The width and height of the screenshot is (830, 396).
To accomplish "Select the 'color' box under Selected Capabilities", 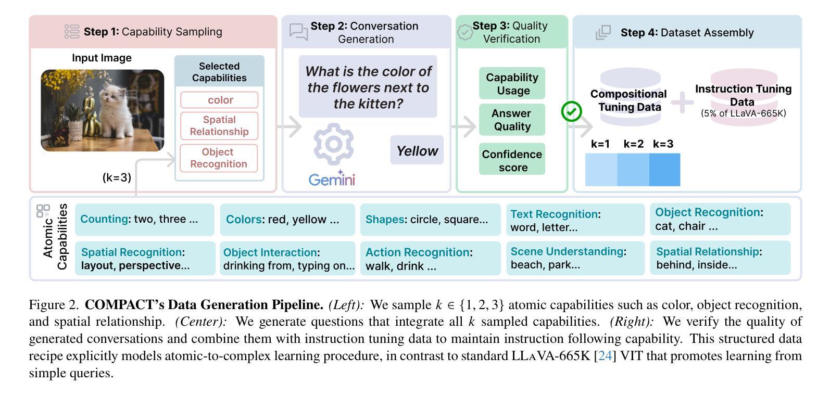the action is (x=219, y=100).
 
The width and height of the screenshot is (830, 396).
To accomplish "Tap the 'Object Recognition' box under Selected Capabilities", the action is (x=219, y=158).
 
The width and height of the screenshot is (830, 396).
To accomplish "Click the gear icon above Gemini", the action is (x=333, y=144).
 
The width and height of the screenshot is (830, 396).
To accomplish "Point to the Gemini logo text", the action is (x=332, y=179).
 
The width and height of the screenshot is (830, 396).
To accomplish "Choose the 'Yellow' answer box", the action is (x=417, y=150).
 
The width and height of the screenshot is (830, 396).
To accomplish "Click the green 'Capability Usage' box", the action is (x=512, y=83).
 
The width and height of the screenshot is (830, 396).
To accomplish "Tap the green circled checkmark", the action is (x=571, y=111).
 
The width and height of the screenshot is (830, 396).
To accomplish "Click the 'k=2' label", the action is (x=633, y=144).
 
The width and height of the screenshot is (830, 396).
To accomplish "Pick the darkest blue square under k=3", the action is (x=665, y=170).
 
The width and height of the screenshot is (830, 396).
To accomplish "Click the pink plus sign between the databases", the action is (x=682, y=102).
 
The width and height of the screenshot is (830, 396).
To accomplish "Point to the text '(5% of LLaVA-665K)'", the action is (x=743, y=113).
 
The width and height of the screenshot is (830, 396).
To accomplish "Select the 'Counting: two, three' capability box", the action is (x=145, y=219).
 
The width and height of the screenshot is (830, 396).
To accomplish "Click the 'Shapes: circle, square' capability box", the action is (x=430, y=219).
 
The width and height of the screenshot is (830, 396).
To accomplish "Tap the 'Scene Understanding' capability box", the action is (x=575, y=258).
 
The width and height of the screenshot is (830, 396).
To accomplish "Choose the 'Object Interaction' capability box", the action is (x=287, y=258).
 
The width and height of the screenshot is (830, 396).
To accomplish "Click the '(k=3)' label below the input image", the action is (x=117, y=177).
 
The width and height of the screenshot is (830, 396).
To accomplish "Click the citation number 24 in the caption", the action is (x=605, y=355).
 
